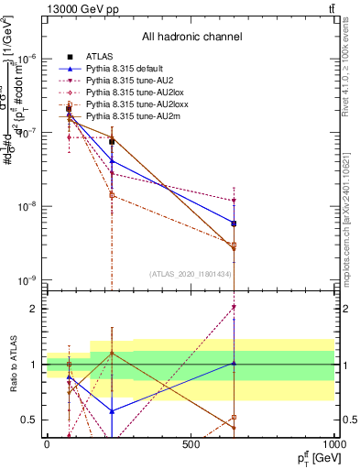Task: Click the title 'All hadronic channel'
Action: click(191, 37)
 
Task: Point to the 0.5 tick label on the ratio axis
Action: click(29, 420)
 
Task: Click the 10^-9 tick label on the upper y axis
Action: click(26, 280)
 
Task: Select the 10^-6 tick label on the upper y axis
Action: click(26, 58)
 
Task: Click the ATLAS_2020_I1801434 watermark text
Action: click(191, 274)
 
